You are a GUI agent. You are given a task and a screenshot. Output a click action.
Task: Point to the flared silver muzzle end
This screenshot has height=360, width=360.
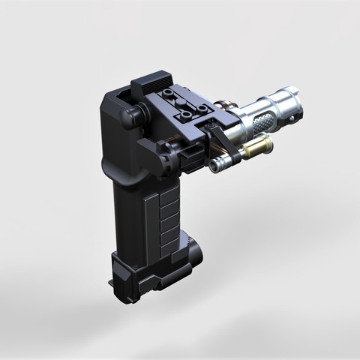[295, 101]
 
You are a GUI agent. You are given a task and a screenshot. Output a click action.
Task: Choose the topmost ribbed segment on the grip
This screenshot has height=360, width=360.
[169, 194]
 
